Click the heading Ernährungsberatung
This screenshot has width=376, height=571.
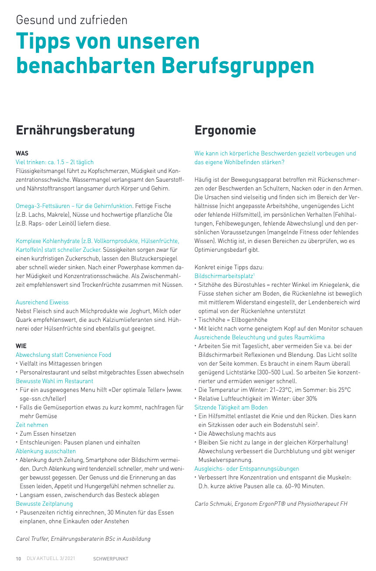pyautogui.click(x=75, y=130)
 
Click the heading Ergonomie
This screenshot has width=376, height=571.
pyautogui.click(x=225, y=130)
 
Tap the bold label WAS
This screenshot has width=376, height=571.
pyautogui.click(x=22, y=153)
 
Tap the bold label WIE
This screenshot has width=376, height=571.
pyautogui.click(x=21, y=346)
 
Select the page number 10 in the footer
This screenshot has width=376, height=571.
pyautogui.click(x=18, y=559)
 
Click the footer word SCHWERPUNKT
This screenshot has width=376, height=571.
pyautogui.click(x=111, y=559)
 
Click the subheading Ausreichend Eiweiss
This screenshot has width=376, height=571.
pyautogui.click(x=42, y=302)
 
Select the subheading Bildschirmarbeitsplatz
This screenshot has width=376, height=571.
pyautogui.click(x=224, y=276)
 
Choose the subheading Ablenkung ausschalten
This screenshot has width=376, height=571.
pyautogui.click(x=46, y=451)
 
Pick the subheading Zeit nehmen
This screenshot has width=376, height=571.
pyautogui.click(x=32, y=425)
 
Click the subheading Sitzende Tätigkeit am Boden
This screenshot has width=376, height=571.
pyautogui.click(x=231, y=407)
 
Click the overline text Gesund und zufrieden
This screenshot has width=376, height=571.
pyautogui.click(x=72, y=20)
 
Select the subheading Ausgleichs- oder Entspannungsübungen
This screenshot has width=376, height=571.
pyautogui.click(x=246, y=469)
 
